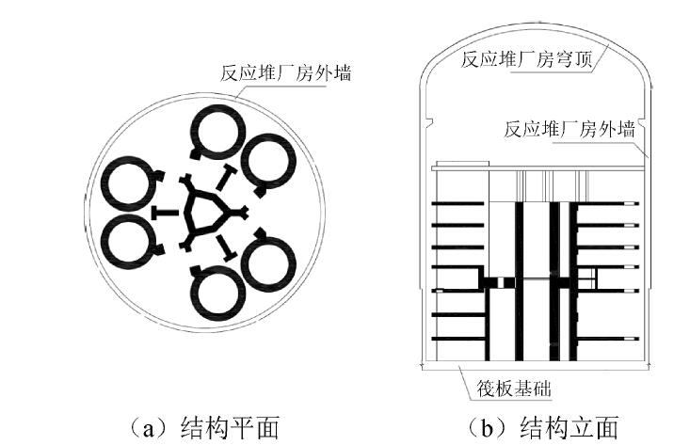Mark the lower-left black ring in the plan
[130, 242]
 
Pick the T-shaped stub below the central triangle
[227, 250]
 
